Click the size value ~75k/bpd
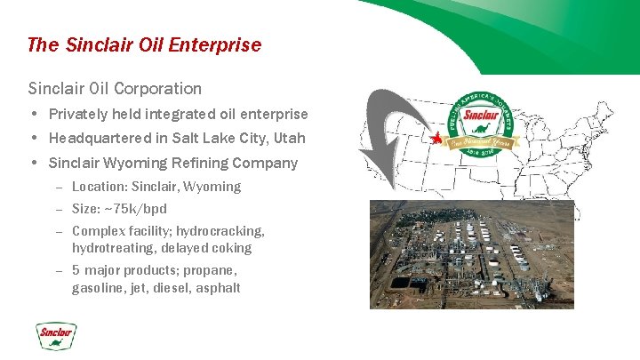135,209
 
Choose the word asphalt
218,288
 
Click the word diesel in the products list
172,288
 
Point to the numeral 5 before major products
76,270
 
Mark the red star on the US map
436,139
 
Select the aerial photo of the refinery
472,254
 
